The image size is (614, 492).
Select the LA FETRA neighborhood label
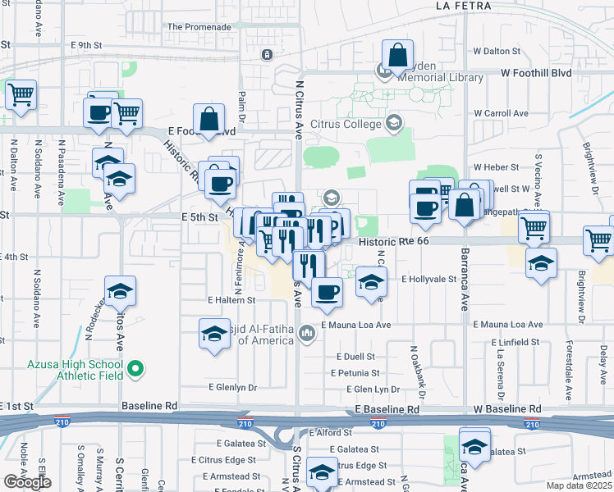tap(464, 6)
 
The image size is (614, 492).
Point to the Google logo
tap(27, 482)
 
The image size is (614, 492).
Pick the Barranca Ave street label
tap(464, 279)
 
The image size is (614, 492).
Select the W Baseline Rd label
tap(507, 408)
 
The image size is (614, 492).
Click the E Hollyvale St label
tap(428, 279)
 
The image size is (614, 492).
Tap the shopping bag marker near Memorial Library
tap(397, 57)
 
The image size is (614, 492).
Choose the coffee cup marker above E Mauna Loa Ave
tap(326, 292)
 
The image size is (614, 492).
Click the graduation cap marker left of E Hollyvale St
tap(371, 283)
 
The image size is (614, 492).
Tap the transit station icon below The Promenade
tap(267, 54)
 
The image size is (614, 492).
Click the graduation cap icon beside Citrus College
tap(393, 123)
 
